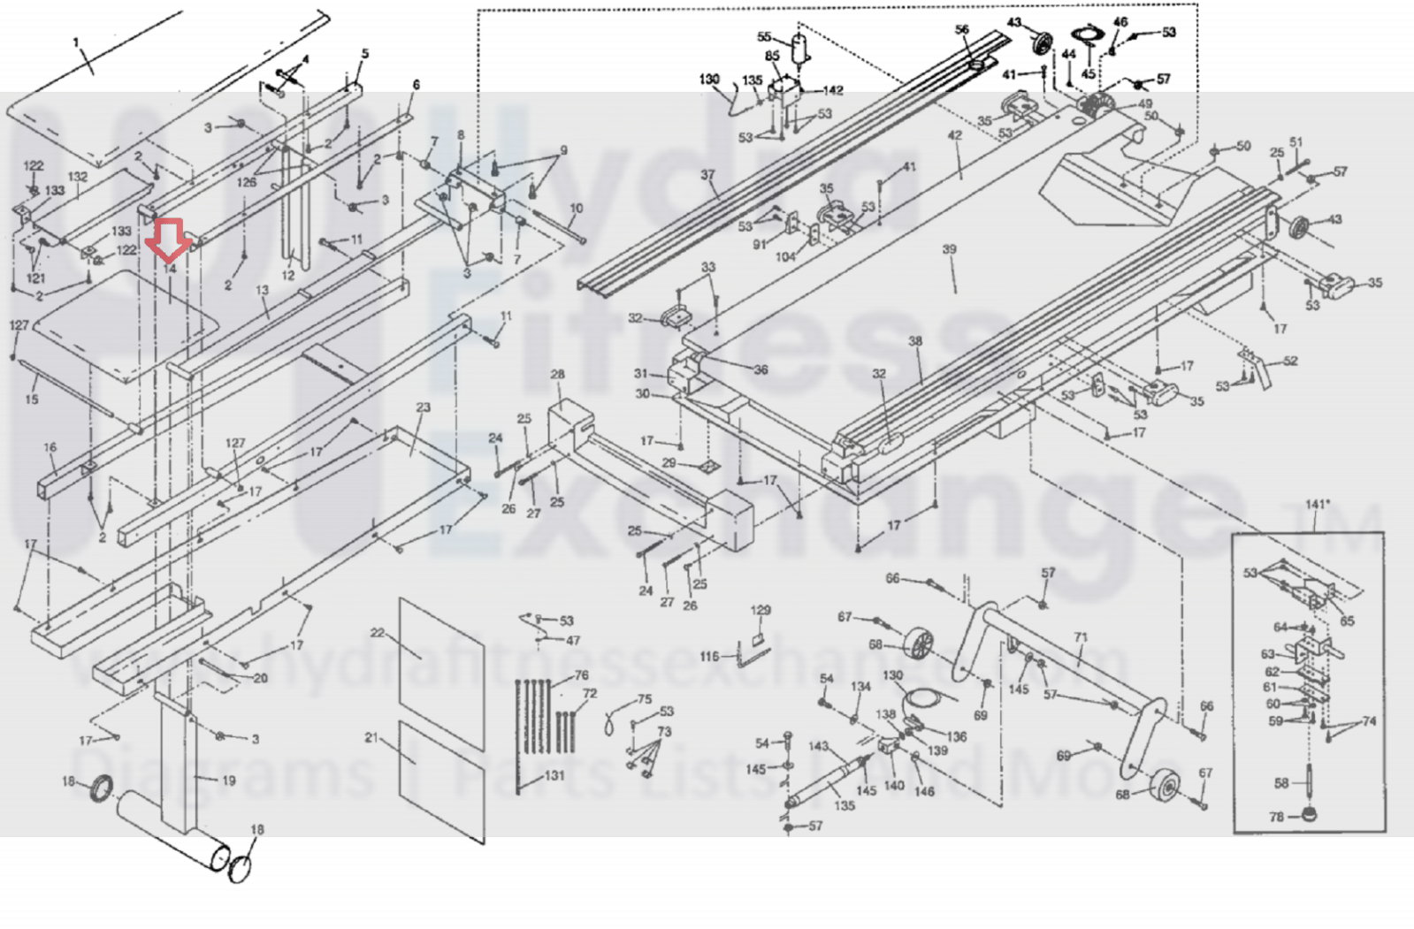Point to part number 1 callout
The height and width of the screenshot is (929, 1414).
coord(76,42)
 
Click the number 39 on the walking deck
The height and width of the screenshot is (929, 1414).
coord(949,250)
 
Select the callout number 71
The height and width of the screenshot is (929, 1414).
coord(1080,637)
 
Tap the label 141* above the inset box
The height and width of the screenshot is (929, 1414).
coord(1317,505)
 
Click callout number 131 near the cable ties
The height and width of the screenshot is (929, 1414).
coord(554,776)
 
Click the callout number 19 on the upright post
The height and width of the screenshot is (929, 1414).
coord(228,781)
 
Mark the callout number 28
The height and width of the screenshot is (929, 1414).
coord(557,375)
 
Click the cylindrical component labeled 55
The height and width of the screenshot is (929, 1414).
coord(801,49)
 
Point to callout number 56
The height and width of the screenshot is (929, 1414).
coord(962,29)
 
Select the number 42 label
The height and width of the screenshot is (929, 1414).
coord(954,136)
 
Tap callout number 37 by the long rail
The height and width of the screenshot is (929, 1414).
coord(707,175)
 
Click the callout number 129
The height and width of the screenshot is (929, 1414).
coord(761,610)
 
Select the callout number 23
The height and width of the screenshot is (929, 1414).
coord(424,407)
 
